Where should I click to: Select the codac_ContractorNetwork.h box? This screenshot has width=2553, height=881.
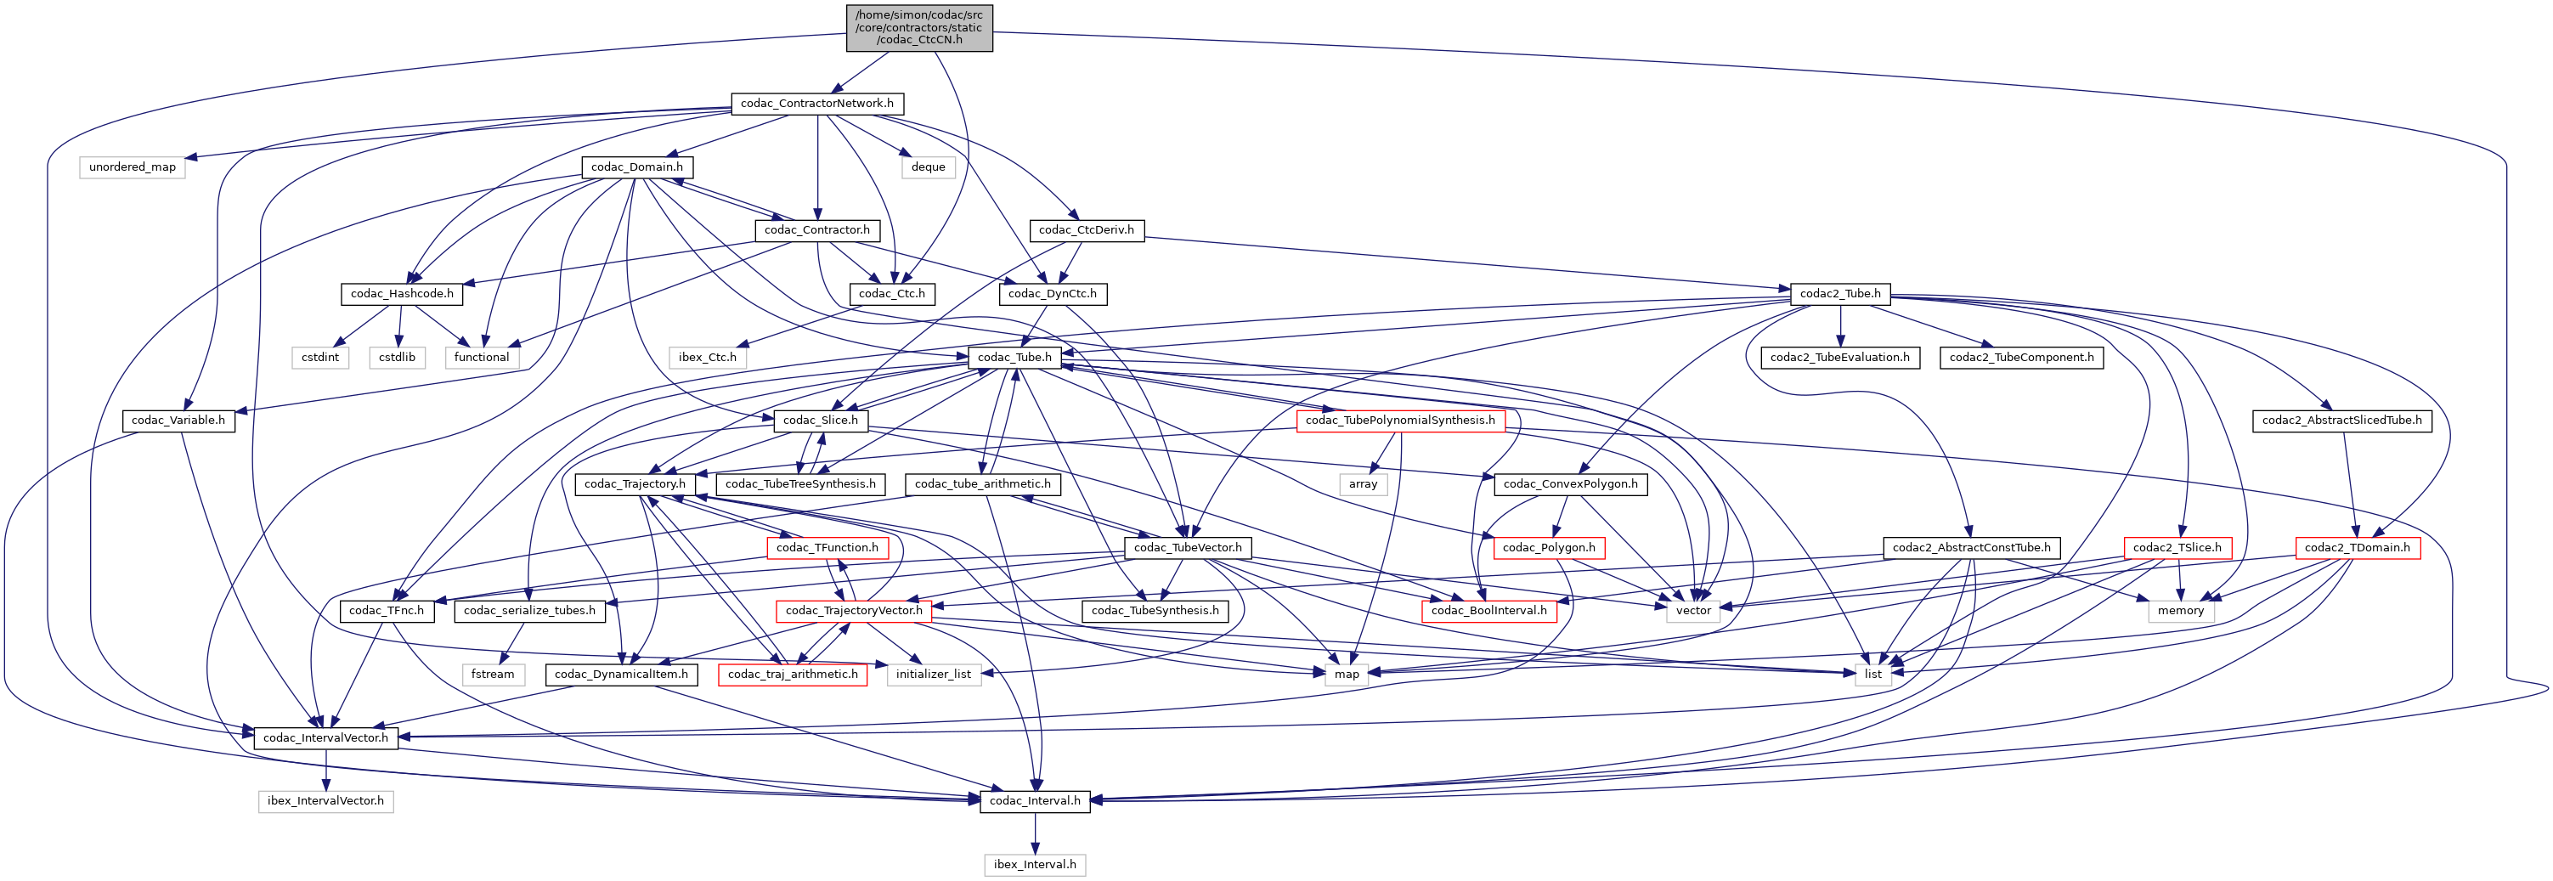pyautogui.click(x=816, y=103)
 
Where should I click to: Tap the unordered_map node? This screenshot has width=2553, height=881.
pyautogui.click(x=132, y=167)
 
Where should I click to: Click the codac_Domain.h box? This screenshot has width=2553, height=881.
pyautogui.click(x=636, y=167)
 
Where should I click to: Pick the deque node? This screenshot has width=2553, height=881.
pyautogui.click(x=928, y=167)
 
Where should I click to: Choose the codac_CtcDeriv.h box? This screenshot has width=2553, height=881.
pyautogui.click(x=1087, y=230)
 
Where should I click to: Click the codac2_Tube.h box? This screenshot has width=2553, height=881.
pyautogui.click(x=1839, y=293)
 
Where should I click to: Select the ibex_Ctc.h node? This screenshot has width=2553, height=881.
pyautogui.click(x=707, y=357)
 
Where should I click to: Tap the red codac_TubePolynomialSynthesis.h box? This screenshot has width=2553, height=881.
pyautogui.click(x=1399, y=421)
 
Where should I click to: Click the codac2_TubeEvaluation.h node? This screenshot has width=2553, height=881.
pyautogui.click(x=1839, y=357)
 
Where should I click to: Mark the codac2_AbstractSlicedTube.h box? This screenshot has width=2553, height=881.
pyautogui.click(x=2341, y=421)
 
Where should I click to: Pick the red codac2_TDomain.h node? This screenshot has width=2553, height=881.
pyautogui.click(x=2357, y=547)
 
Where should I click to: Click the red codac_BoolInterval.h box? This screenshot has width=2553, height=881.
pyautogui.click(x=1488, y=611)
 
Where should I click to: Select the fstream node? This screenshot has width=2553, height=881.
pyautogui.click(x=493, y=674)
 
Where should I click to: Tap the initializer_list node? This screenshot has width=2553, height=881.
pyautogui.click(x=933, y=674)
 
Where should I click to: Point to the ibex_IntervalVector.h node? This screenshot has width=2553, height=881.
pyautogui.click(x=325, y=801)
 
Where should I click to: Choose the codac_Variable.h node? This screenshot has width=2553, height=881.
pyautogui.click(x=178, y=421)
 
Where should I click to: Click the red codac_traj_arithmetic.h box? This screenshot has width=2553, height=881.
pyautogui.click(x=792, y=674)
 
